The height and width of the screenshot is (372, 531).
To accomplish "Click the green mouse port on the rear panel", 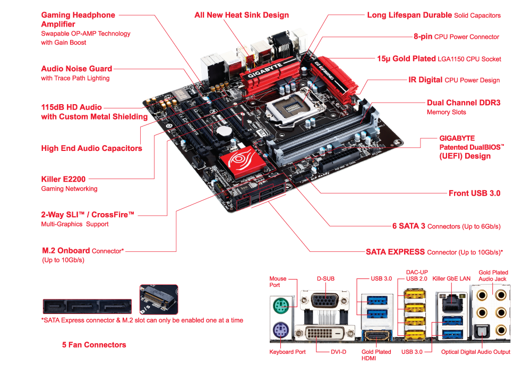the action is tap(281, 306).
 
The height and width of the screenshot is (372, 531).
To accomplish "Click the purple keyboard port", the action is tap(281, 329).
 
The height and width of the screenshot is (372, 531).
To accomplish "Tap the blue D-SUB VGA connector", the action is tap(324, 300).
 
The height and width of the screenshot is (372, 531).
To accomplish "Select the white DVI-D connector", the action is tap(324, 333).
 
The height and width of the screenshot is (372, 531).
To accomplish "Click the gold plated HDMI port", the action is tap(376, 336).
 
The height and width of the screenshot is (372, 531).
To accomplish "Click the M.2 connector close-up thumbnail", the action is tap(158, 300).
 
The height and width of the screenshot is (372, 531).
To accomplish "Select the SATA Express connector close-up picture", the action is tap(87, 307).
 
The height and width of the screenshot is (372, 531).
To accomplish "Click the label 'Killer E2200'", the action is tap(63, 179).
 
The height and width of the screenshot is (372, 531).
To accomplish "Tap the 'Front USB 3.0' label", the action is tap(474, 193).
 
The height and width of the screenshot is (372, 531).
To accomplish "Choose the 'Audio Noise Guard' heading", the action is tap(76, 69).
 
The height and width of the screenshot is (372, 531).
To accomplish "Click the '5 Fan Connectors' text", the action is tap(94, 344).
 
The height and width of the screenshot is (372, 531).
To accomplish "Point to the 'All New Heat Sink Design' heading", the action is tap(242, 15).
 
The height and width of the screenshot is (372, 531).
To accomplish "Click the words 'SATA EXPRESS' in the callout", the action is tap(395, 252).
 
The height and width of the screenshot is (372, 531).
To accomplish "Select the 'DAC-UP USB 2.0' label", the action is tap(417, 275).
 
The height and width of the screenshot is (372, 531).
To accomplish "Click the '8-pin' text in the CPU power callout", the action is tap(423, 36).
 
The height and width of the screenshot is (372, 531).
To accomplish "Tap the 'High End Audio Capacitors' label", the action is tap(91, 148).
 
